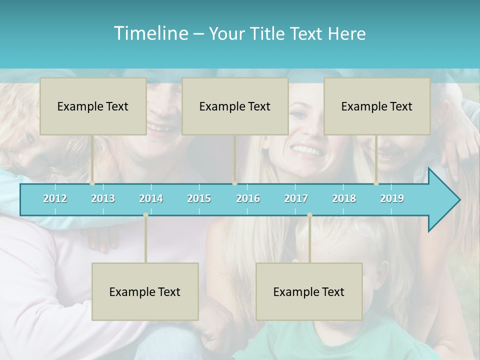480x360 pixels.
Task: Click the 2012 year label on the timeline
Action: tap(55, 198)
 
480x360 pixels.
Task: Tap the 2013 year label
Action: tap(103, 198)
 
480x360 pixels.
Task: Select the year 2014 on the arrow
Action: tap(151, 198)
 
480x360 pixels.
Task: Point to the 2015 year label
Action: tap(199, 198)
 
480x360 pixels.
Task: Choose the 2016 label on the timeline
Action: tap(248, 198)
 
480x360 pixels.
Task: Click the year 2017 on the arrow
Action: tap(296, 198)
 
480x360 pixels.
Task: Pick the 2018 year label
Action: tap(344, 198)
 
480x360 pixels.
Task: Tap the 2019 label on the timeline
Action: tap(392, 198)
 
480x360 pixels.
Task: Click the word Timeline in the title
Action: tap(150, 33)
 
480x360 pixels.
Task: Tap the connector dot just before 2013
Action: tap(92, 183)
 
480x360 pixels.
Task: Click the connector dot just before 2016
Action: tap(234, 183)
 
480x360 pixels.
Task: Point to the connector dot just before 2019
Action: tap(376, 183)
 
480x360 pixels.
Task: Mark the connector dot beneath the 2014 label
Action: tap(145, 215)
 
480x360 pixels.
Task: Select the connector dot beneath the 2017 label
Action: tap(309, 215)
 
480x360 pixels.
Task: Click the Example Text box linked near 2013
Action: tap(93, 106)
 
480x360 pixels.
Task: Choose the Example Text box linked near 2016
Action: tap(235, 106)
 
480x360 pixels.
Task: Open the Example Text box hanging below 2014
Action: tap(145, 291)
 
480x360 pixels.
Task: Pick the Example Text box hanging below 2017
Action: tap(309, 291)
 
